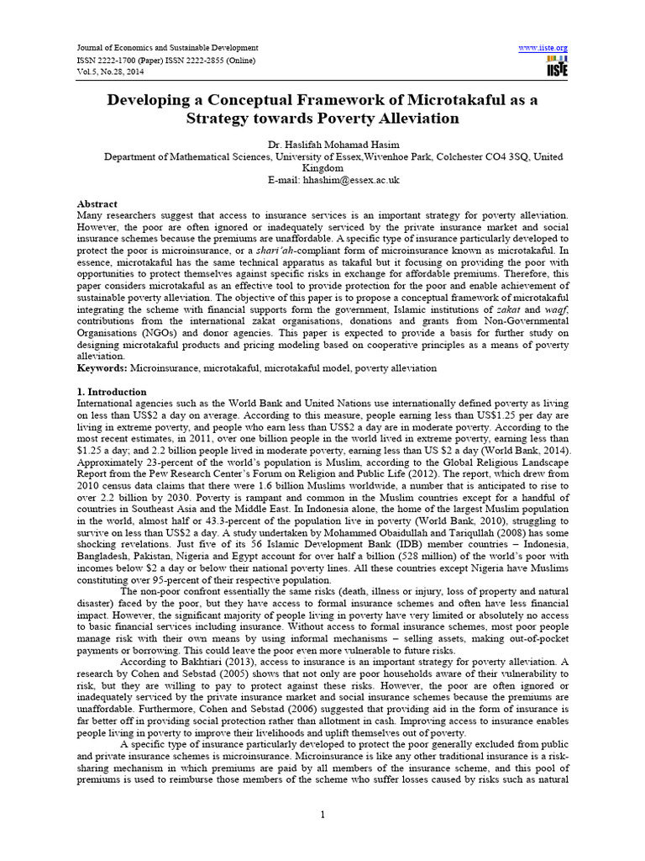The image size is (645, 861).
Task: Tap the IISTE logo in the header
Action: (x=556, y=66)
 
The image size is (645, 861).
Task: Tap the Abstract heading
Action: (x=97, y=204)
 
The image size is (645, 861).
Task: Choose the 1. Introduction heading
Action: (x=112, y=392)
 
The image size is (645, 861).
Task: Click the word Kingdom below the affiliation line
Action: (x=322, y=167)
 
